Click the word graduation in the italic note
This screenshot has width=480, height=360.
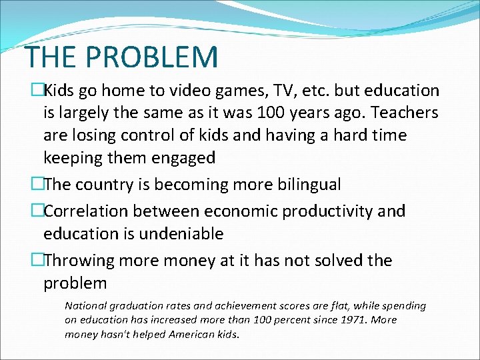(x=143, y=306)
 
